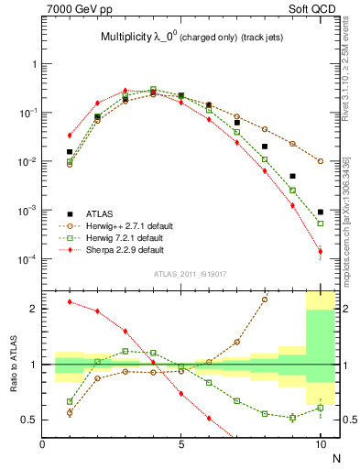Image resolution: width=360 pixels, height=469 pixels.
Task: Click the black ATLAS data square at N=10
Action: pyautogui.click(x=321, y=212)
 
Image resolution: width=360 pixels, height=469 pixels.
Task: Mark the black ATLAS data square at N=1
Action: pyautogui.click(x=70, y=152)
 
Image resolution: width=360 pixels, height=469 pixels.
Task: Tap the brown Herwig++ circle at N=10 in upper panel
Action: pyautogui.click(x=321, y=161)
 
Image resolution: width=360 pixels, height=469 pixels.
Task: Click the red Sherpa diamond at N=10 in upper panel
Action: pyautogui.click(x=321, y=251)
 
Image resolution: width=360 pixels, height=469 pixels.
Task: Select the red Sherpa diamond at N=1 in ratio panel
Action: pyautogui.click(x=70, y=301)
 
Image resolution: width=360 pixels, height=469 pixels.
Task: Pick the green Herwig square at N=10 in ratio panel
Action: pyautogui.click(x=321, y=408)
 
